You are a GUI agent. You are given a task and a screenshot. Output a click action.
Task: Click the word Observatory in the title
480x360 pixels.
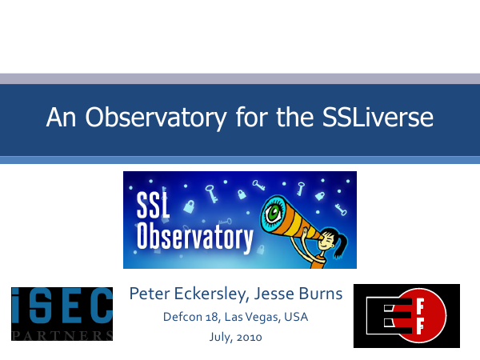(x=156, y=118)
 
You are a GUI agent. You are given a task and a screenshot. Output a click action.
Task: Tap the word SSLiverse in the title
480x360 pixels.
(x=378, y=117)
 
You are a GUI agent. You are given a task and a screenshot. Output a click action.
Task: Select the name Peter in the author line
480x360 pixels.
(x=150, y=294)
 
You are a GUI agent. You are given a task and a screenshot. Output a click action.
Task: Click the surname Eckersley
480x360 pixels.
(x=213, y=294)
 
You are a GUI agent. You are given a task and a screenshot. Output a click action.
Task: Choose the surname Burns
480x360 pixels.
(x=321, y=294)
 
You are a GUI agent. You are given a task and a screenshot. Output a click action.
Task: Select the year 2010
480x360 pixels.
(x=249, y=338)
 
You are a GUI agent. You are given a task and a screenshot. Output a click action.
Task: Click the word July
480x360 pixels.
(x=221, y=338)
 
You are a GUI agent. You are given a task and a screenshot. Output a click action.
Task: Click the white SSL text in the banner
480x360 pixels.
(x=153, y=205)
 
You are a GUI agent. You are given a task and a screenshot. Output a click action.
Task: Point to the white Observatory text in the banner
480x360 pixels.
(x=195, y=238)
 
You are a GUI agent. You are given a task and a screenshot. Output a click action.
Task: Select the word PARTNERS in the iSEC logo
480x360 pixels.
(x=62, y=335)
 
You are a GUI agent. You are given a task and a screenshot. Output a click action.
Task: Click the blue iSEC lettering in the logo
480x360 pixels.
(x=62, y=306)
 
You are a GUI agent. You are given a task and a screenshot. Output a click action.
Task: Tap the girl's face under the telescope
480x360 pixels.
(x=326, y=242)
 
